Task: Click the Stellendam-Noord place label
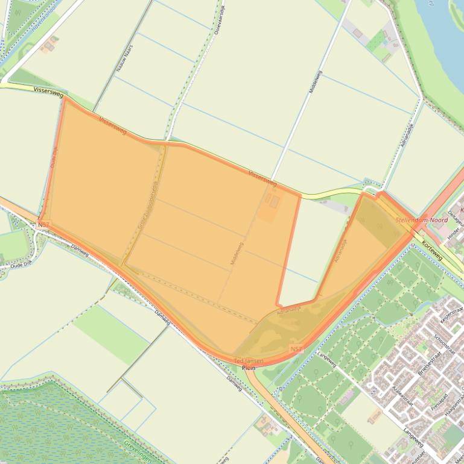coord(421,221)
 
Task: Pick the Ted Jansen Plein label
coord(249,364)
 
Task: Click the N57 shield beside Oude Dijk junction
coord(43,225)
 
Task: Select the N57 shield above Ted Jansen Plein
coord(296,349)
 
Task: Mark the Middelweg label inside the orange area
coord(237,254)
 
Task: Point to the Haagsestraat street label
coord(452,410)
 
